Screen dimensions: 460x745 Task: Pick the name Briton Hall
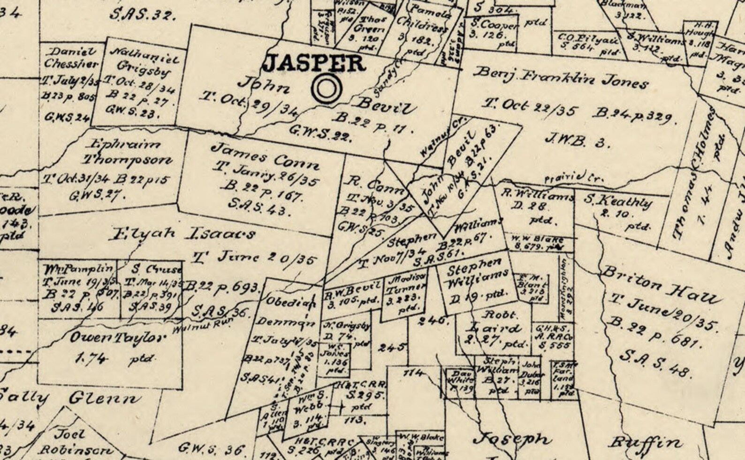[659, 285]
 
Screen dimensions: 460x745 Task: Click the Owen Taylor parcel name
[118, 338]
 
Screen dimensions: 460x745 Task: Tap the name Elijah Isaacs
[182, 233]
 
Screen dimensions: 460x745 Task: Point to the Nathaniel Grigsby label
[144, 61]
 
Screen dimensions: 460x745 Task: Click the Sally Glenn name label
[70, 398]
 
